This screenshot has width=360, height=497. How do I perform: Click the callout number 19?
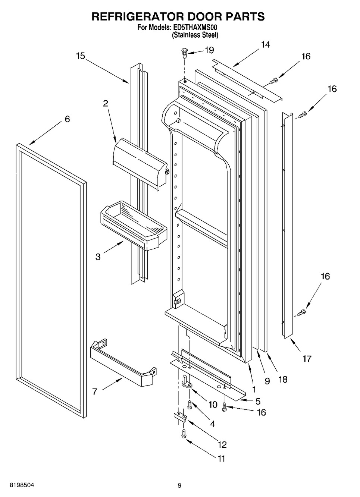(209, 50)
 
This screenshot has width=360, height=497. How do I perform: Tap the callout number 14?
(265, 45)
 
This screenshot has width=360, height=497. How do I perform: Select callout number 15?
(81, 56)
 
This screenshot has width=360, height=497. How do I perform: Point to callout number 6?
(67, 119)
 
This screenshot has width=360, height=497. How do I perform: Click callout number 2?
(106, 104)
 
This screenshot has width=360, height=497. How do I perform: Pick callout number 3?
(98, 257)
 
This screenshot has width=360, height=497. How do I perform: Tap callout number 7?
(95, 391)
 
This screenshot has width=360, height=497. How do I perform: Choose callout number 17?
(307, 359)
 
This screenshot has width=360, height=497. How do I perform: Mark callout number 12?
(222, 444)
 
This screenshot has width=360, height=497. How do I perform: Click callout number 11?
(222, 459)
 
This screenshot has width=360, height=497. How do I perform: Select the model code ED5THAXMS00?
(194, 27)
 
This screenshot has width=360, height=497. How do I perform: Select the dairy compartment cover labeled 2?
(140, 162)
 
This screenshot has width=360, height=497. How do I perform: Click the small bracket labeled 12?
(179, 416)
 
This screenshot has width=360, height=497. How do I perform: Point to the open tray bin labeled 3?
(132, 224)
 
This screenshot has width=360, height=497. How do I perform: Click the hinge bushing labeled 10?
(185, 383)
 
